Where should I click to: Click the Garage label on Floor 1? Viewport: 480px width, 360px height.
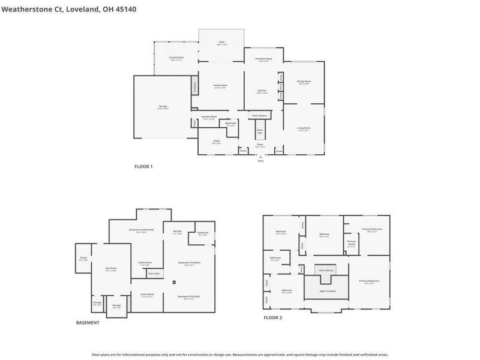163,106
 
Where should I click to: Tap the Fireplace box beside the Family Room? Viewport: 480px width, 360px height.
195,85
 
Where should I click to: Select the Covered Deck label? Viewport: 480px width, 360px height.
176,58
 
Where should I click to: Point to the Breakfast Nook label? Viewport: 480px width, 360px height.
265,58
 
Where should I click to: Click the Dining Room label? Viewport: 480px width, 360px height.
304,81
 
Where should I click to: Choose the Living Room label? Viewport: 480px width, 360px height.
304,128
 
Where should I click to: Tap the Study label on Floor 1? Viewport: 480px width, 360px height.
217,142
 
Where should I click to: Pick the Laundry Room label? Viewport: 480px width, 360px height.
209,117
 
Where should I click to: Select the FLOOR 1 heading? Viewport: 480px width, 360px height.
143,166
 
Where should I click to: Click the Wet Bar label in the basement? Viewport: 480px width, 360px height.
178,231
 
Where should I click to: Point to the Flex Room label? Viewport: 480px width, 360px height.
111,268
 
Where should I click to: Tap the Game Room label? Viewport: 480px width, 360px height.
147,294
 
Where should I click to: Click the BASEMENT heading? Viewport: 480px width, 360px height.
88,323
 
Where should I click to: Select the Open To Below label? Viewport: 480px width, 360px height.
326,290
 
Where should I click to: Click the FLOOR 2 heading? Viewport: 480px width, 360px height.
272,317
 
